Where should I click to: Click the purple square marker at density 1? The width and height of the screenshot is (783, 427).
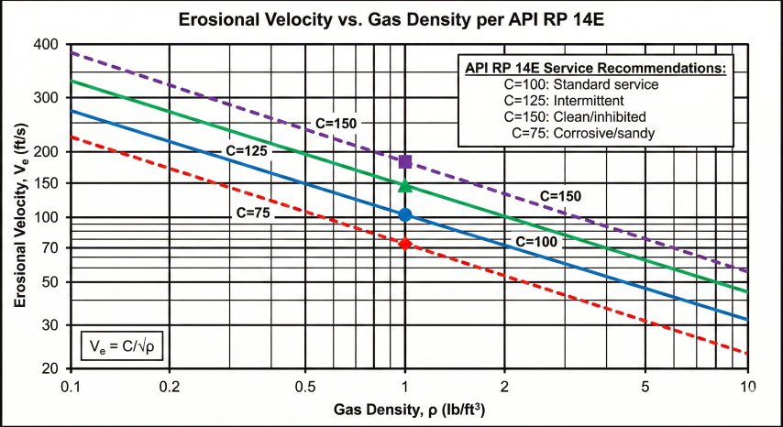pyautogui.click(x=405, y=162)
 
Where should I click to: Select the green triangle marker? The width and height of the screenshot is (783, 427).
pyautogui.click(x=405, y=186)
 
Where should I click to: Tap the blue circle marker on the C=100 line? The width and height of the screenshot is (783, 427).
pyautogui.click(x=405, y=215)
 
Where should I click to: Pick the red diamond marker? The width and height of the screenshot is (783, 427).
pyautogui.click(x=405, y=244)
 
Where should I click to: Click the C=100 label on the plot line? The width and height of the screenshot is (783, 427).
pyautogui.click(x=536, y=241)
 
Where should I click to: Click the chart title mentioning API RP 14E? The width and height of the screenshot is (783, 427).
pyautogui.click(x=391, y=16)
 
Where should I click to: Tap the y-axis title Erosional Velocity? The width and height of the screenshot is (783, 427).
pyautogui.click(x=20, y=207)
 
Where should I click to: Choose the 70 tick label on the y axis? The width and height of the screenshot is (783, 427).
pyautogui.click(x=50, y=248)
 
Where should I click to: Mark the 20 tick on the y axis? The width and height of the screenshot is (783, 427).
pyautogui.click(x=50, y=368)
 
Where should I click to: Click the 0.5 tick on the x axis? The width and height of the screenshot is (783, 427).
pyautogui.click(x=303, y=387)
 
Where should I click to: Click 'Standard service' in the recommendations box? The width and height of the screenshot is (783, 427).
pyautogui.click(x=595, y=84)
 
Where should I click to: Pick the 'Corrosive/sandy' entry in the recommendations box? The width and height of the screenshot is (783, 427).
pyautogui.click(x=590, y=134)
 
